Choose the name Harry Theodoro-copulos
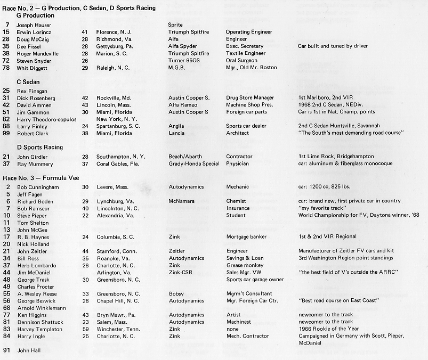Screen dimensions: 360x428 48,119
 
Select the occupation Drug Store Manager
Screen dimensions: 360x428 250,98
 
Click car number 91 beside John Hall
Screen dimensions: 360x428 7,350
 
